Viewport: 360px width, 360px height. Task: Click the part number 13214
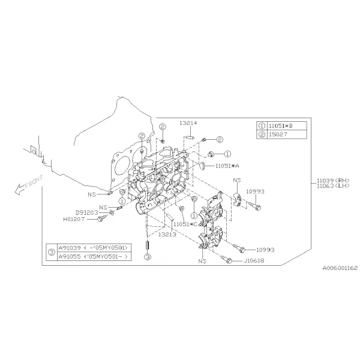coord(188,123)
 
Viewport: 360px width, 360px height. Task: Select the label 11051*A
coord(227,166)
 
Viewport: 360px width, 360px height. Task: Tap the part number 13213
coord(167,235)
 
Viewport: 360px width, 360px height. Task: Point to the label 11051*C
coord(185,224)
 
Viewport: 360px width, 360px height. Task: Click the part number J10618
coord(254,261)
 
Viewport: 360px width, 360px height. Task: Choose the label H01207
coord(74,219)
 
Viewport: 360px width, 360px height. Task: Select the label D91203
coord(86,212)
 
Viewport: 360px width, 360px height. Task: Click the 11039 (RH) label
coord(333,181)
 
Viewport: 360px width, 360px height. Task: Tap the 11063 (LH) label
coord(333,186)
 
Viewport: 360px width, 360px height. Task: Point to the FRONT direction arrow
coord(29,184)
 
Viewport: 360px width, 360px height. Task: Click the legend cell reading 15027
coord(278,134)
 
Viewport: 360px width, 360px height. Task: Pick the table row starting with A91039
coord(94,248)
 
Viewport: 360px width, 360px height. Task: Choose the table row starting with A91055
coord(94,256)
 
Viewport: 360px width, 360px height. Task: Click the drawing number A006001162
coord(340,268)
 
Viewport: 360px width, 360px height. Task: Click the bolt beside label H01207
coord(101,218)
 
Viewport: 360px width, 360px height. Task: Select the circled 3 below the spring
coord(148,257)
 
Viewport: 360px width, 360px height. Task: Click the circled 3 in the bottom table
coord(52,253)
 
